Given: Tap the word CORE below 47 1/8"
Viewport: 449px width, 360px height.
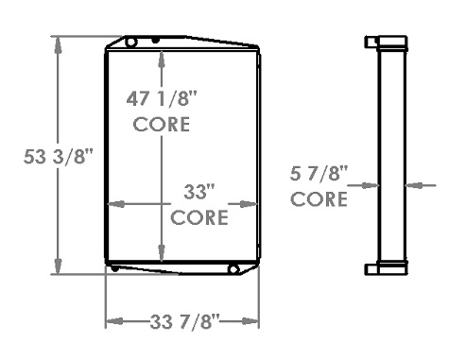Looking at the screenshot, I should pyautogui.click(x=163, y=124).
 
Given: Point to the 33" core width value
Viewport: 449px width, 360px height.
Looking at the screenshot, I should pyautogui.click(x=199, y=192).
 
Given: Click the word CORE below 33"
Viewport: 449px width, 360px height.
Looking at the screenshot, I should pyautogui.click(x=199, y=217).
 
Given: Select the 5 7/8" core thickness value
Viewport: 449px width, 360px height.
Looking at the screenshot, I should pyautogui.click(x=318, y=173).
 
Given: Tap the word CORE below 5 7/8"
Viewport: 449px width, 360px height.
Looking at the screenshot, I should pyautogui.click(x=318, y=199).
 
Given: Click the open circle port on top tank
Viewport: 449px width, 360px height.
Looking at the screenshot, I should pyautogui.click(x=132, y=42).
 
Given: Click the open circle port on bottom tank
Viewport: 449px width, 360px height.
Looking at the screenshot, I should pyautogui.click(x=233, y=270).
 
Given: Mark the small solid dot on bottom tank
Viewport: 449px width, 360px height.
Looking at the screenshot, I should pyautogui.click(x=114, y=269).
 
